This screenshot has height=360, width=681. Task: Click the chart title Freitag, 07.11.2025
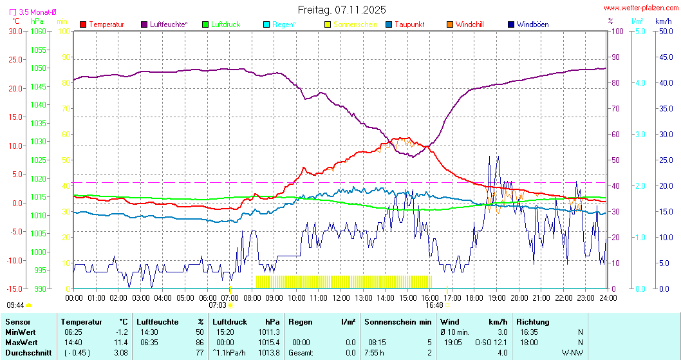(342, 10)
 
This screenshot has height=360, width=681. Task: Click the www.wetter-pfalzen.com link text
(639, 8)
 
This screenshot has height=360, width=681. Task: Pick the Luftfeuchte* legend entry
(169, 24)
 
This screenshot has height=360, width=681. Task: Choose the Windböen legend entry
(532, 24)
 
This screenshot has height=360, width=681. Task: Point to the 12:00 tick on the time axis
(340, 298)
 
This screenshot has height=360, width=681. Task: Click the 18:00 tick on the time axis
(474, 298)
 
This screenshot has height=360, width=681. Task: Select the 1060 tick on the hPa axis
(38, 31)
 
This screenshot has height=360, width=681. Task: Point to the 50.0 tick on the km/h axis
(664, 31)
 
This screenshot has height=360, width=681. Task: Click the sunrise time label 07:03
(218, 305)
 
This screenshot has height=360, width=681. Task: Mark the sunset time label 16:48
(434, 305)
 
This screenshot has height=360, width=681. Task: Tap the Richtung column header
(533, 321)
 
